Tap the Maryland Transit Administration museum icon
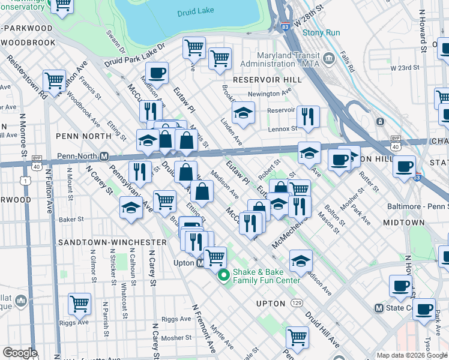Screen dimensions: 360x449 328,58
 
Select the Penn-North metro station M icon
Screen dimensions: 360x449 104,157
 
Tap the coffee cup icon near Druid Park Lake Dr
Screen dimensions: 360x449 157,73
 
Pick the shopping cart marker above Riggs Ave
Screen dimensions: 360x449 79,304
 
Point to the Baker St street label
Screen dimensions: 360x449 71,220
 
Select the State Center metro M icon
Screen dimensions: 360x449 379,308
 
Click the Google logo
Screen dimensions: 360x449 20,353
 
